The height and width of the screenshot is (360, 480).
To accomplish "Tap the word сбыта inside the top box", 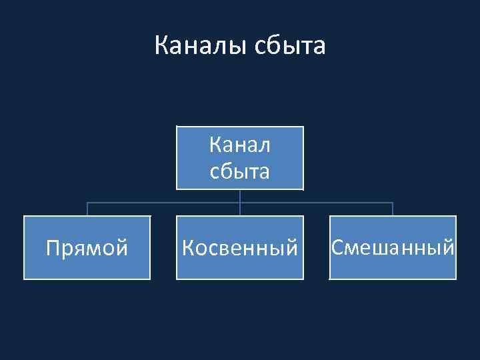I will point(240,171).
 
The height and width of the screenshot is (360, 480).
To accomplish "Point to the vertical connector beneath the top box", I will point(240,197).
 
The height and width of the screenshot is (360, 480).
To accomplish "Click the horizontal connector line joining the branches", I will point(163,203).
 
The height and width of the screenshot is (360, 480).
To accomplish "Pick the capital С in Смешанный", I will point(337,248).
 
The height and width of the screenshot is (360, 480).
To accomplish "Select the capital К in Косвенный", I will point(188,249).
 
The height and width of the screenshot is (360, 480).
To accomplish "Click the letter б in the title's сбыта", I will point(275,45).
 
